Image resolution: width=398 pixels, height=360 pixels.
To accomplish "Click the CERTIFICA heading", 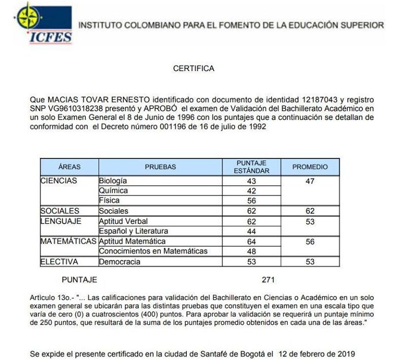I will click(x=193, y=68).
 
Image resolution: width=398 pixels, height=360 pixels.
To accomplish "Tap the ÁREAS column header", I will click(x=70, y=167).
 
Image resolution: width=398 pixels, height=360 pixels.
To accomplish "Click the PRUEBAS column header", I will click(x=160, y=167).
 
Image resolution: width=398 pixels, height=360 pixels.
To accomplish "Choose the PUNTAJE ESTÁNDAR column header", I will click(x=251, y=167).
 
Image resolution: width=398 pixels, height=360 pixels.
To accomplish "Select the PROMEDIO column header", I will click(x=310, y=167).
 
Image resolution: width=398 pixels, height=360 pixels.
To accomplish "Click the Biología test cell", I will click(x=113, y=181).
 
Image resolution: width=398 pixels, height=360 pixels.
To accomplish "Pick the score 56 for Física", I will click(x=251, y=201).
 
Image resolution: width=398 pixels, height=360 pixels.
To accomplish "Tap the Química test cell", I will click(x=113, y=191).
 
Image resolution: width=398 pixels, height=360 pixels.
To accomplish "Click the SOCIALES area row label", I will click(x=60, y=211).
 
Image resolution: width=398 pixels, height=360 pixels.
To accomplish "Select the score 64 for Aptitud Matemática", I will click(x=251, y=242).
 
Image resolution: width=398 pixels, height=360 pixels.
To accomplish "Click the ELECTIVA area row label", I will click(x=60, y=262).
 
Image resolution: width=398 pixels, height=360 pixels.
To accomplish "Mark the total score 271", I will click(x=268, y=280).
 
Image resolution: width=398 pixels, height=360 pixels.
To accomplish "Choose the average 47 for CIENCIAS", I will click(x=310, y=181).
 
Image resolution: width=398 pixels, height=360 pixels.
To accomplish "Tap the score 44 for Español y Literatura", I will click(x=251, y=232).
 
